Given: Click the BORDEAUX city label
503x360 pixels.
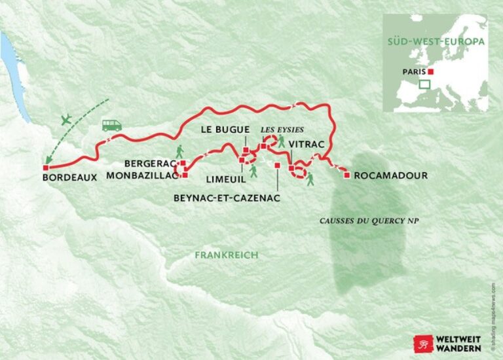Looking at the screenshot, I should point(69,177).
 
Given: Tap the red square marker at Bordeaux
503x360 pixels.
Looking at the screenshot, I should point(45,168).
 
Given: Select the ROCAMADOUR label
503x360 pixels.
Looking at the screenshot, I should point(390,175).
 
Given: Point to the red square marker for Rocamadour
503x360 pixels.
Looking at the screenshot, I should point(346,175).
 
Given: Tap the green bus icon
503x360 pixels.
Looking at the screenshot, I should point(111,125).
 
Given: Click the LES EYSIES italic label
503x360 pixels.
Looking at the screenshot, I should point(282,129).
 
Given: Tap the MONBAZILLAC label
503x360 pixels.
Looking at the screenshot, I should point(142,175).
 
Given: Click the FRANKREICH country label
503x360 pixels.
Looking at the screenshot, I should point(226,255).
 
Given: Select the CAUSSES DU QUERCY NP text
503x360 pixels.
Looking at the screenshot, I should point(369,221).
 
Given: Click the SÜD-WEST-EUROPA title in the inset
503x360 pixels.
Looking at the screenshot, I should point(436,41).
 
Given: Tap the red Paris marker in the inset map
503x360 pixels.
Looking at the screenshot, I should point(430,72).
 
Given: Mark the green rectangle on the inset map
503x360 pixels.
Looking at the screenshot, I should point(424,84).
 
